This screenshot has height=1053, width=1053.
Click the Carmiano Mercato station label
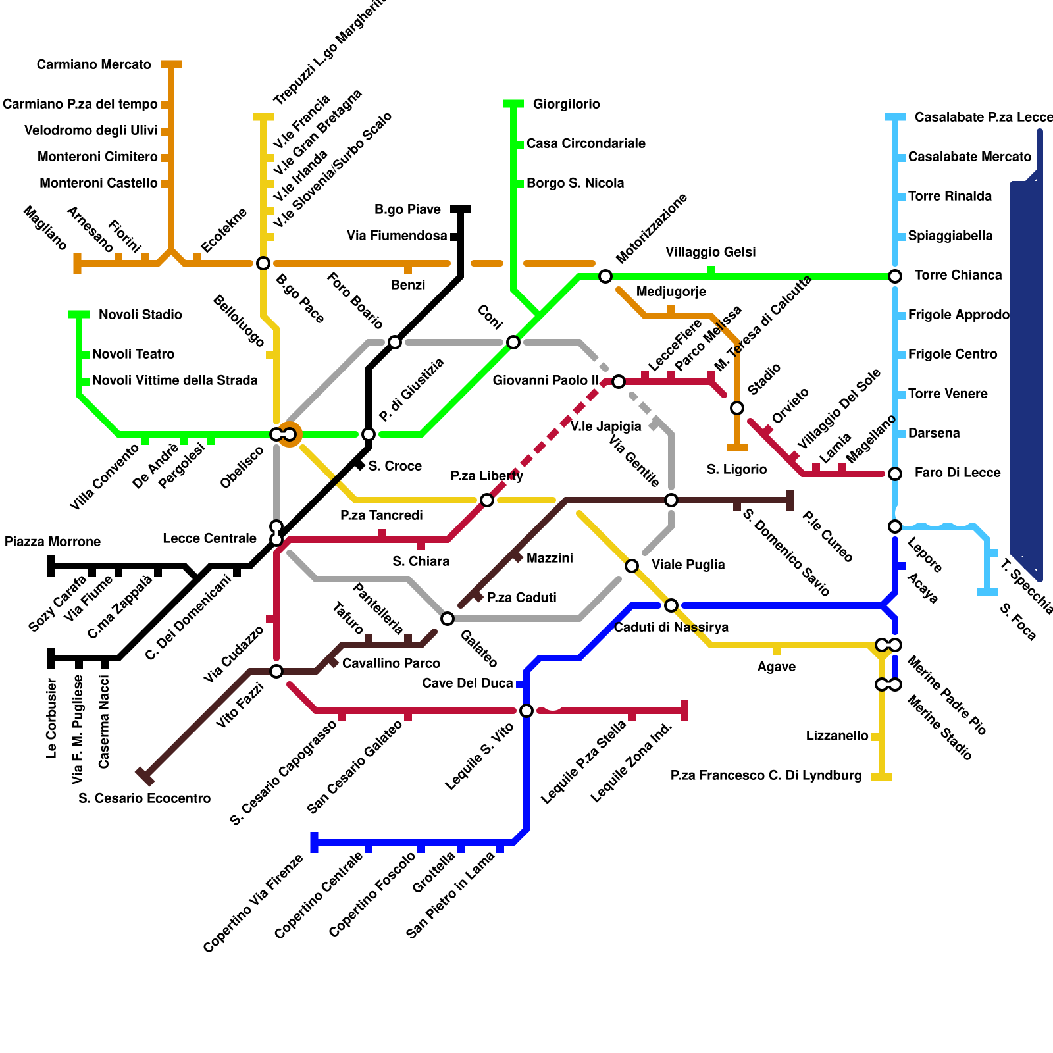point(94,64)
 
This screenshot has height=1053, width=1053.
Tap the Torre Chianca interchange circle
point(895,276)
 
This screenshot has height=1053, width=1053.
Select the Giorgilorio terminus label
point(567,104)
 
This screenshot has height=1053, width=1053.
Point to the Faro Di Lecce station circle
point(895,474)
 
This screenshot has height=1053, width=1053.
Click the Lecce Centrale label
point(210,538)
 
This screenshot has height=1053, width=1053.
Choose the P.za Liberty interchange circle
point(487,500)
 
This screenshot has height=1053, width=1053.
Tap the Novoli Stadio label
point(140,315)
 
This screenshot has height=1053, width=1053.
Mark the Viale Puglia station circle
point(632,566)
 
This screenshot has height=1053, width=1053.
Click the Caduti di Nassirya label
point(671,627)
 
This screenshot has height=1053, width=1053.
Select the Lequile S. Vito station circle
point(526,711)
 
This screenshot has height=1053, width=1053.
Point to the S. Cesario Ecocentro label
point(145,798)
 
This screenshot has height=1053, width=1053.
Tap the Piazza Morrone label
point(53,542)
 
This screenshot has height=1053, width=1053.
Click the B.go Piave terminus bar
point(461,209)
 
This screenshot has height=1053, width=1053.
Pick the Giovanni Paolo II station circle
point(619,382)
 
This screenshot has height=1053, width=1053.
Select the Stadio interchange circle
point(737,408)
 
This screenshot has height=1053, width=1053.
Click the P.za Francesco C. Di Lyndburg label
point(766,775)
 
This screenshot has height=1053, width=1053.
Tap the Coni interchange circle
point(513,342)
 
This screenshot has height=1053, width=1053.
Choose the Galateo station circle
point(448,619)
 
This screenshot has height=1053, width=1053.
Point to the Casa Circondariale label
point(586,143)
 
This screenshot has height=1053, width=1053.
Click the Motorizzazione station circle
point(605,276)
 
